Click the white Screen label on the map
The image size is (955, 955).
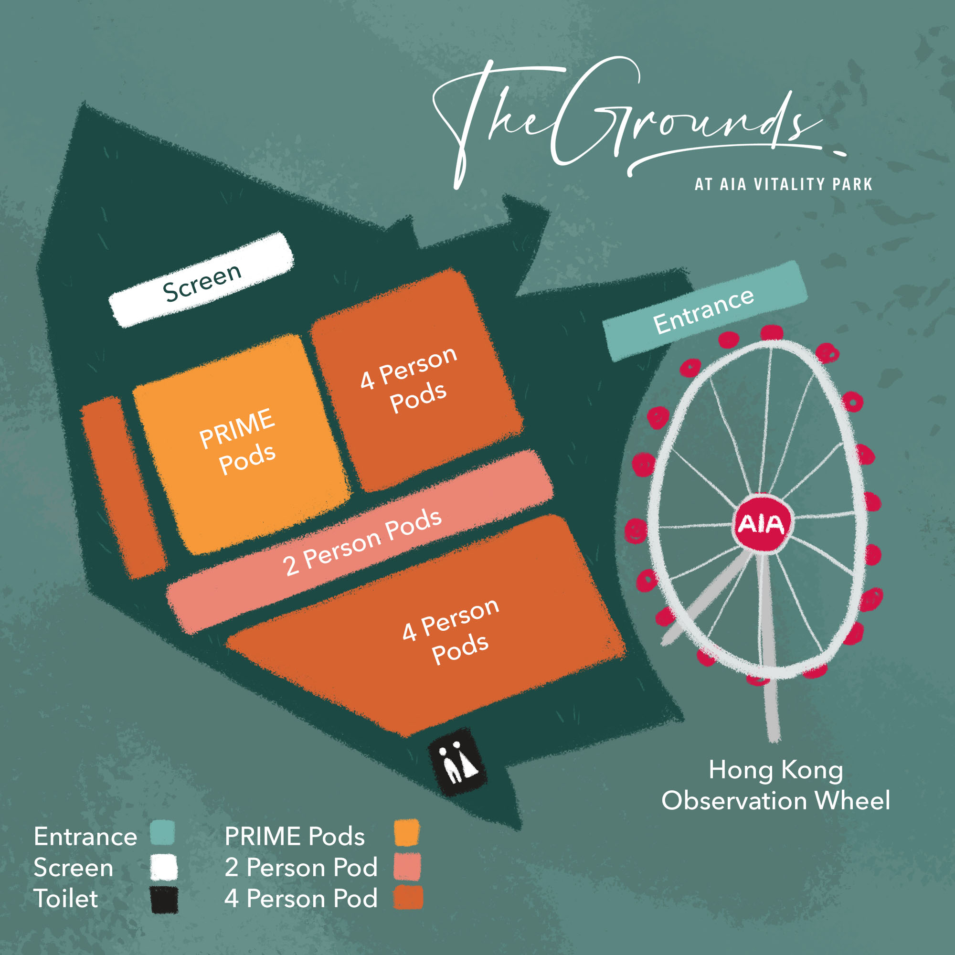click(x=202, y=280)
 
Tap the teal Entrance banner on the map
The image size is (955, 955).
click(x=704, y=310)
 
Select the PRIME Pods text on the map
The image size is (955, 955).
click(x=238, y=441)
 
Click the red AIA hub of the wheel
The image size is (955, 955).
click(x=761, y=524)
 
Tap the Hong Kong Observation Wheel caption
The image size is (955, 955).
click(x=775, y=785)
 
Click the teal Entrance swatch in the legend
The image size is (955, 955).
click(x=162, y=833)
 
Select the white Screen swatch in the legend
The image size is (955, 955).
click(x=164, y=867)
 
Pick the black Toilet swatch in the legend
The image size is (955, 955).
click(x=164, y=900)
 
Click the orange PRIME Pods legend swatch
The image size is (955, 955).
click(x=407, y=833)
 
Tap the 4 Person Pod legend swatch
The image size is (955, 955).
click(x=408, y=898)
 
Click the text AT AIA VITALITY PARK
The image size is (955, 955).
click(x=783, y=184)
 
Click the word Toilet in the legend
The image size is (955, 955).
click(x=66, y=899)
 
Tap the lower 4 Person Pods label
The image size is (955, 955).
click(x=451, y=631)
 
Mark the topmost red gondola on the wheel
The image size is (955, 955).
click(x=772, y=332)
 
